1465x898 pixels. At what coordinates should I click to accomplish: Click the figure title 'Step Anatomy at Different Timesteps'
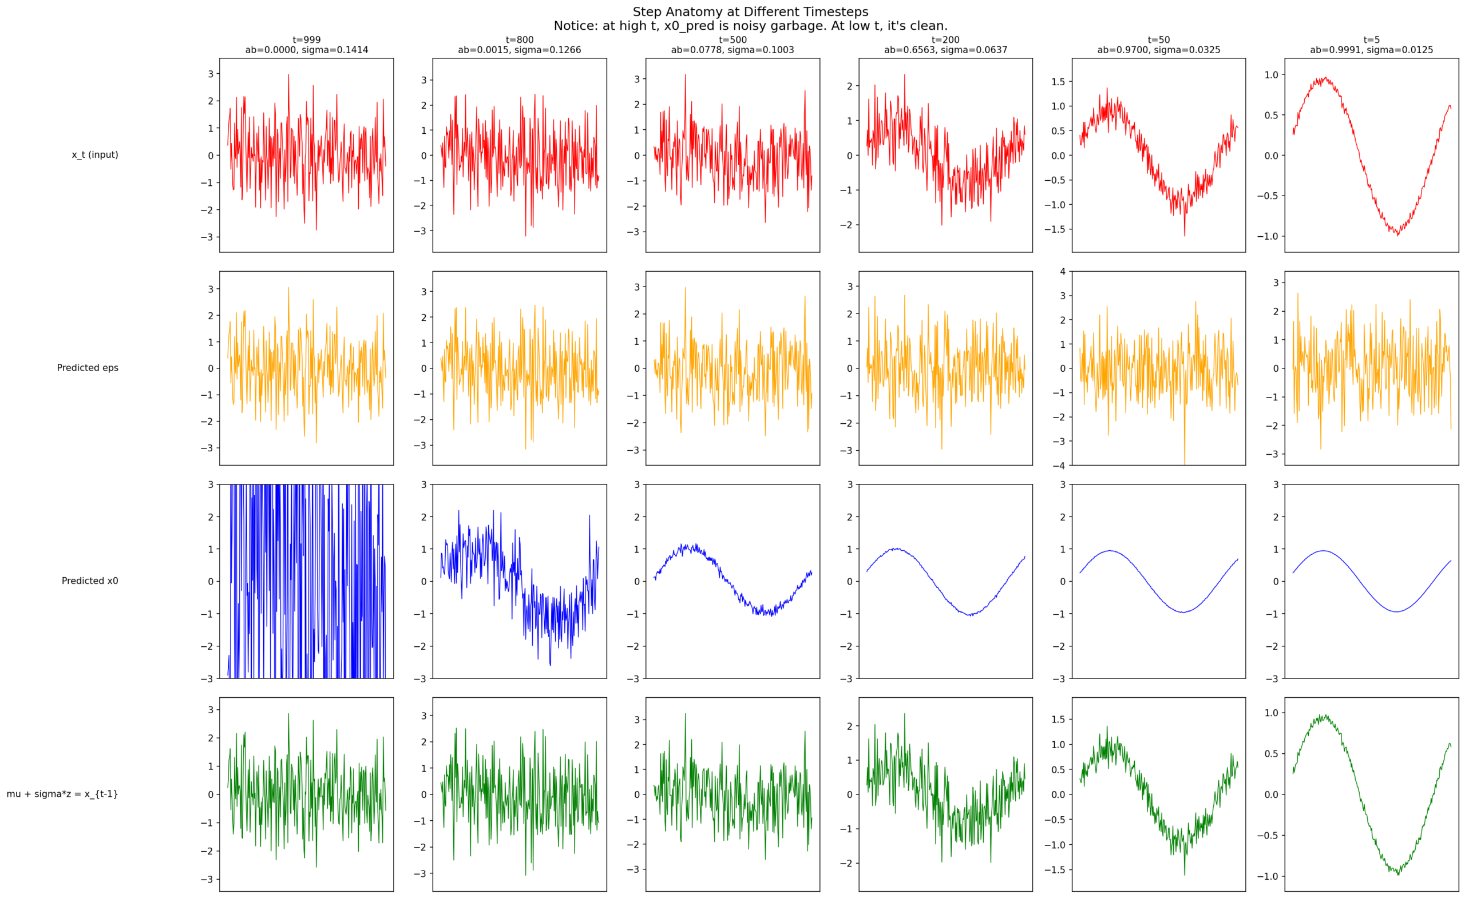pos(750,12)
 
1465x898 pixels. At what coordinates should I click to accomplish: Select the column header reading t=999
pos(306,40)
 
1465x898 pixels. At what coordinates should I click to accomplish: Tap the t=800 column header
pos(520,40)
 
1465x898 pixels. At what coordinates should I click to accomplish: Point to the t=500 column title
pos(732,40)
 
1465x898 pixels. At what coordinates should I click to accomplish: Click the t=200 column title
pos(945,40)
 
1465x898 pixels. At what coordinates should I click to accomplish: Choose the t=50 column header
pos(1159,40)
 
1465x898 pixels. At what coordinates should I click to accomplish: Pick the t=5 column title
pos(1372,40)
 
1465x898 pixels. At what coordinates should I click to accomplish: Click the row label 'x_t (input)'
pos(95,155)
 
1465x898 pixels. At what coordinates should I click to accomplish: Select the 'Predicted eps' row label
pos(88,368)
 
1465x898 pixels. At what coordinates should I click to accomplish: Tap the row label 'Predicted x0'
pos(90,581)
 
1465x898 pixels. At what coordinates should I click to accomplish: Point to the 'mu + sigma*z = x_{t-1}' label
pos(62,794)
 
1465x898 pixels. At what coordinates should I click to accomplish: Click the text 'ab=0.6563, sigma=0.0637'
pos(945,50)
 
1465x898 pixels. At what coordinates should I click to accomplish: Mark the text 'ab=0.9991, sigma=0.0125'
pos(1372,50)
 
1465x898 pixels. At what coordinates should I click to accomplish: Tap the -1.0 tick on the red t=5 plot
pos(1267,237)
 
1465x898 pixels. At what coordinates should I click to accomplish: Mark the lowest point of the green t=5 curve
pos(1398,875)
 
